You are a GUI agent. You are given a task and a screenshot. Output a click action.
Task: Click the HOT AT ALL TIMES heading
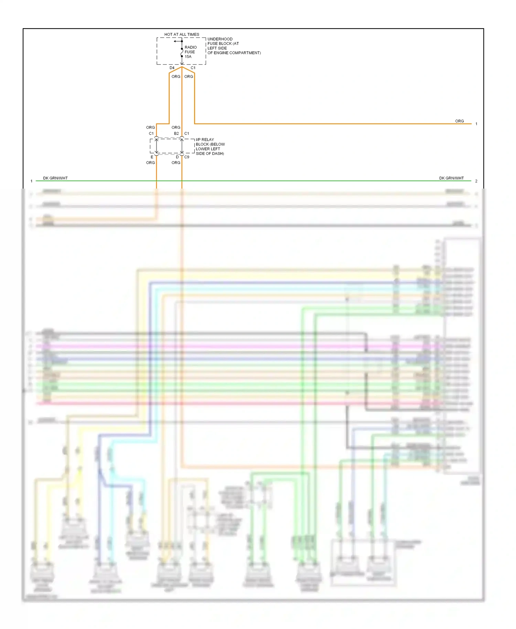[x=182, y=34]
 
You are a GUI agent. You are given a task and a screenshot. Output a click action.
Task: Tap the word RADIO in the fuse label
[x=191, y=47]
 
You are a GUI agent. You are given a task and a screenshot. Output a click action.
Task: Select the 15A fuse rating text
[x=188, y=57]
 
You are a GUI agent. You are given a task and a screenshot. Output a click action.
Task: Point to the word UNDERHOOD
[x=220, y=39]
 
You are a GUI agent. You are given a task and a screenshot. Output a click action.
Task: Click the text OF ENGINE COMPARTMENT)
[x=234, y=53]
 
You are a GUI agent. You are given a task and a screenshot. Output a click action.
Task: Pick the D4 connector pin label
[x=172, y=68]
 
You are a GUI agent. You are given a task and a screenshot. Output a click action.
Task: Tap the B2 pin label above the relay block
[x=176, y=134]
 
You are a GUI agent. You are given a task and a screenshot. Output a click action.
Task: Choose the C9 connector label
[x=187, y=157]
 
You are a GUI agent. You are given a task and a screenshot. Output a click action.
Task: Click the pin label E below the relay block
[x=152, y=157]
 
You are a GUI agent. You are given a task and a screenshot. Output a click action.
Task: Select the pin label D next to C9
[x=178, y=157]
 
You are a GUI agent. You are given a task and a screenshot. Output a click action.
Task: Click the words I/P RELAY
[x=205, y=140]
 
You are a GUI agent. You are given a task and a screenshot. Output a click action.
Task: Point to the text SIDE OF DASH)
[x=210, y=154]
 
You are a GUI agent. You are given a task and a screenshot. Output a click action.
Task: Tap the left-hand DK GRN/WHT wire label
[x=55, y=178]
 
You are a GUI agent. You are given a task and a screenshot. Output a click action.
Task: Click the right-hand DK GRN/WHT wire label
[x=451, y=178]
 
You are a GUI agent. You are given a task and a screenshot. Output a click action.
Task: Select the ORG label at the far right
[x=459, y=121]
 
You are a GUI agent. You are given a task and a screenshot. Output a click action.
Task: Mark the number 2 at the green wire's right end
[x=476, y=181]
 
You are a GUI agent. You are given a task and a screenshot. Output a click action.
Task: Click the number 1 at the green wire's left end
[x=31, y=181]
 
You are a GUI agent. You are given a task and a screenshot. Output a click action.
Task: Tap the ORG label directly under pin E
[x=150, y=163]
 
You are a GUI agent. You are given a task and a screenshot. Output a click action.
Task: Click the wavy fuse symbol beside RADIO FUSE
[x=182, y=52]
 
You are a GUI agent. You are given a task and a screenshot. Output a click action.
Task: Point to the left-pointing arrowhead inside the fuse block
[x=175, y=41]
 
